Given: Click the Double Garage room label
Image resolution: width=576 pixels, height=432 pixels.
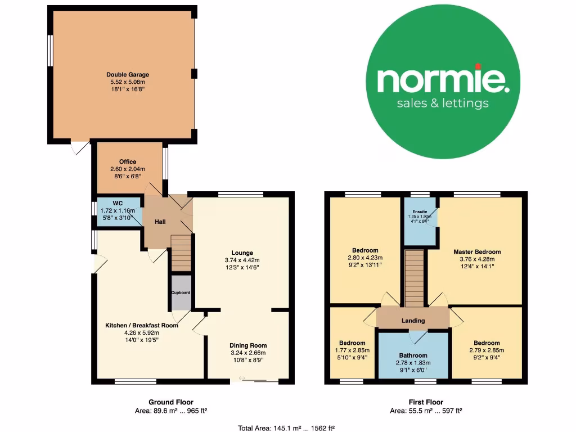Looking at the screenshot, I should [x=128, y=74].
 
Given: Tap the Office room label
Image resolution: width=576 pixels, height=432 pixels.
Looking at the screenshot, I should [x=128, y=162].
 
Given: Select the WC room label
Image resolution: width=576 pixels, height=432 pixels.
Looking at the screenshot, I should [x=118, y=203].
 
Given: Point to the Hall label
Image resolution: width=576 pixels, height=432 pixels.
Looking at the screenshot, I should [x=160, y=222].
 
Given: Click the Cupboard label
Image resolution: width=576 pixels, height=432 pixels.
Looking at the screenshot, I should [x=181, y=292].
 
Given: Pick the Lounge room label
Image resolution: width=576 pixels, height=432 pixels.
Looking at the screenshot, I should [x=242, y=253].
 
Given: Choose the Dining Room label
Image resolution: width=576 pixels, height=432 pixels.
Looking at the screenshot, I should [x=248, y=345].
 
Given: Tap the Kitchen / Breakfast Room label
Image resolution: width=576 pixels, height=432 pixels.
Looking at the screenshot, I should [x=142, y=325].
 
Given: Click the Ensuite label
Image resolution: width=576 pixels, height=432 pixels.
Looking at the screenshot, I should [x=420, y=211].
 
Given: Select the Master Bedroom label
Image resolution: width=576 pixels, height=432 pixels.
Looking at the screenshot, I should [x=477, y=251].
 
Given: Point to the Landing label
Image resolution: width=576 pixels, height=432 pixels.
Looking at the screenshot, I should [x=413, y=321].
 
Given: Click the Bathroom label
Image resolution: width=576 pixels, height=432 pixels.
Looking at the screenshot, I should [x=413, y=355].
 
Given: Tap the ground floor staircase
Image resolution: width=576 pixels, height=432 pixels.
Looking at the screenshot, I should [x=181, y=253].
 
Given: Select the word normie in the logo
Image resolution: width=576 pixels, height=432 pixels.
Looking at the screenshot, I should [x=443, y=80].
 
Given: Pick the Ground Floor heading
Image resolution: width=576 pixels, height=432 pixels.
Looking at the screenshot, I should [x=171, y=402].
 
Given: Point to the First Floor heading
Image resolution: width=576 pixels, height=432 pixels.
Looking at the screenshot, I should [x=426, y=402].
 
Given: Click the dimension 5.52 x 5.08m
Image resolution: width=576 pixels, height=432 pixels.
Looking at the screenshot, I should [x=128, y=82].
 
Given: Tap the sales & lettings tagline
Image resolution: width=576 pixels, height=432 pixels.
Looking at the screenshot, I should [x=443, y=103].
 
